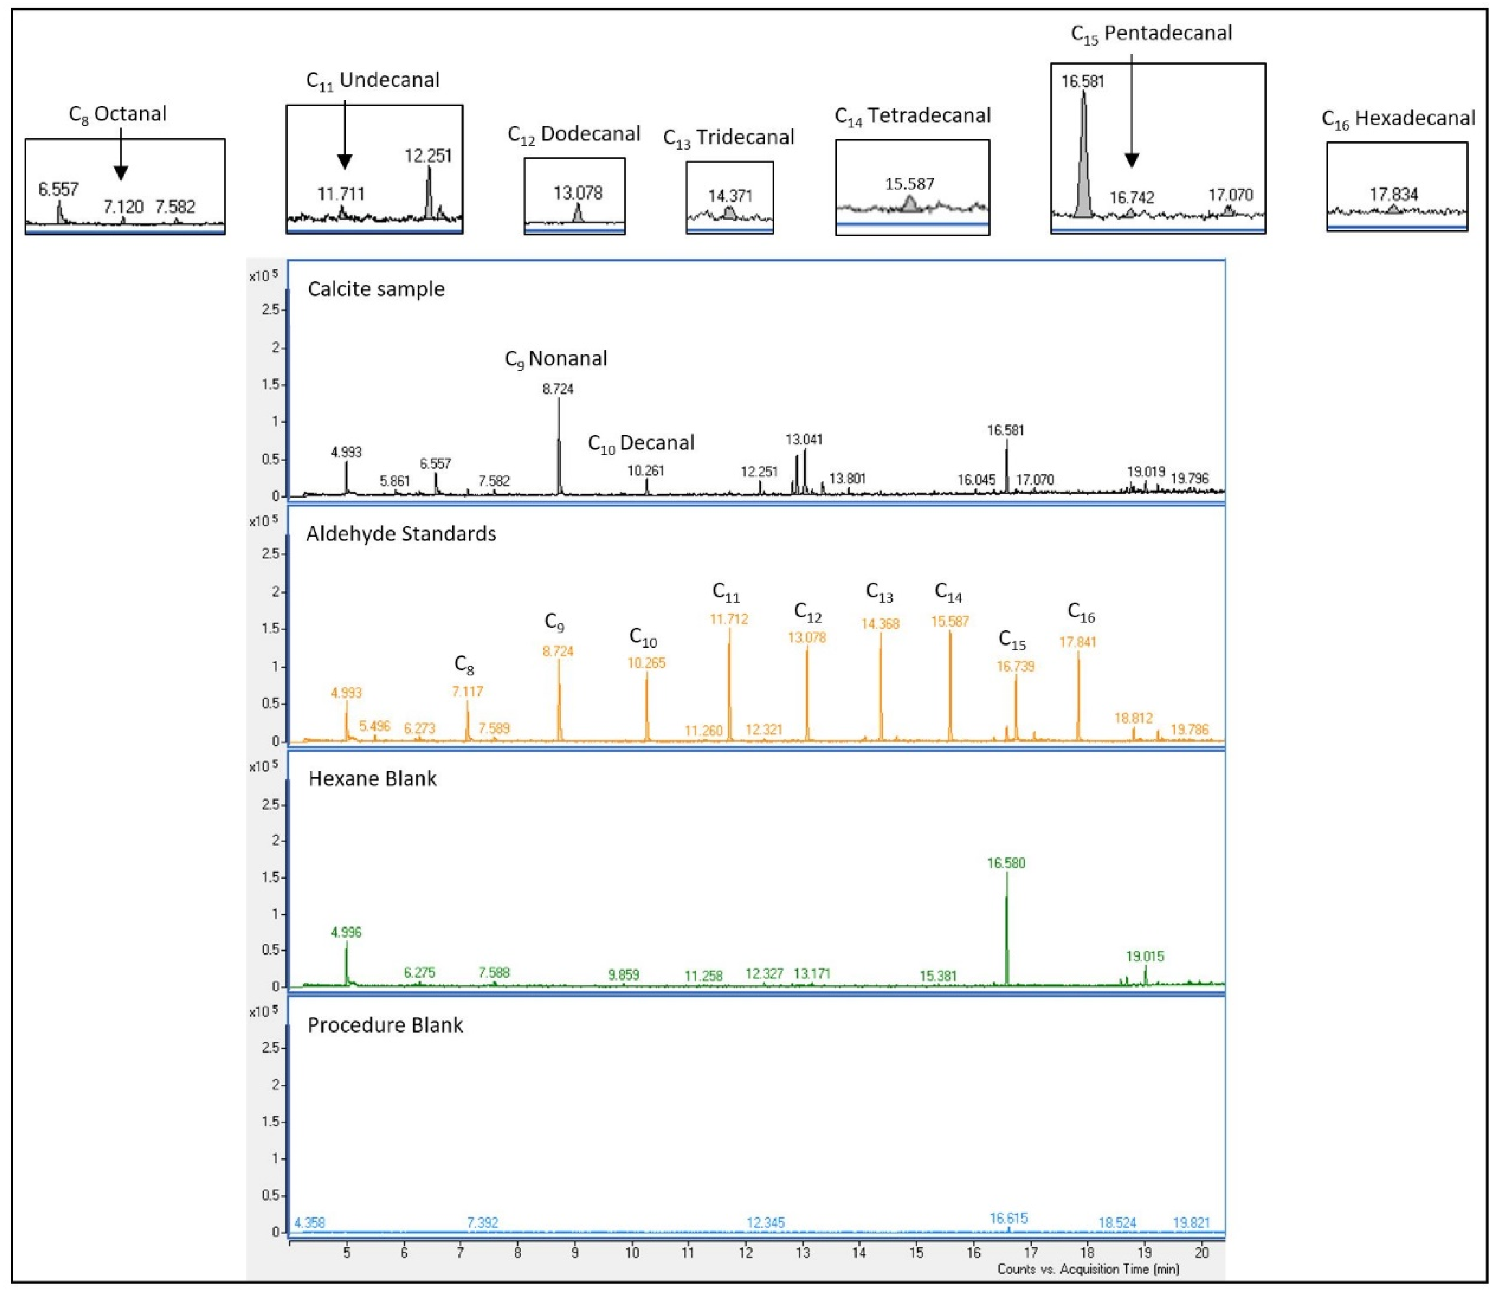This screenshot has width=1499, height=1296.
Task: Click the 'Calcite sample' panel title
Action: pos(376,289)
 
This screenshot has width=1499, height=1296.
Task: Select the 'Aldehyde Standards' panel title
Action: pos(401,534)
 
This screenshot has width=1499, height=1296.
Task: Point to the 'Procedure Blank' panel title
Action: pos(385,1025)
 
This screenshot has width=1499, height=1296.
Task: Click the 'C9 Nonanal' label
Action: pos(556,359)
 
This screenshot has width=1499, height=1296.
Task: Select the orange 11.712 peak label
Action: pos(729,620)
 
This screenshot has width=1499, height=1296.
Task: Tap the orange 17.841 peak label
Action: pos(1078,642)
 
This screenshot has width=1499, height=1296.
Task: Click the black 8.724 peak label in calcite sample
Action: pos(558,389)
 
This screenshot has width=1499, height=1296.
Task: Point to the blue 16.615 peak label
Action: pos(1008,1219)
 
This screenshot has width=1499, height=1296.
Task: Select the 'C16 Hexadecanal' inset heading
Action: pos(1398,119)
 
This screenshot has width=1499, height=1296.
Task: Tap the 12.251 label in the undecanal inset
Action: pos(428,156)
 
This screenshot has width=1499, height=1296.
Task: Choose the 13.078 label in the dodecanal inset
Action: pos(577,193)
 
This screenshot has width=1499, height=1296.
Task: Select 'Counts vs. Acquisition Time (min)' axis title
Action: pos(1088,1269)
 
